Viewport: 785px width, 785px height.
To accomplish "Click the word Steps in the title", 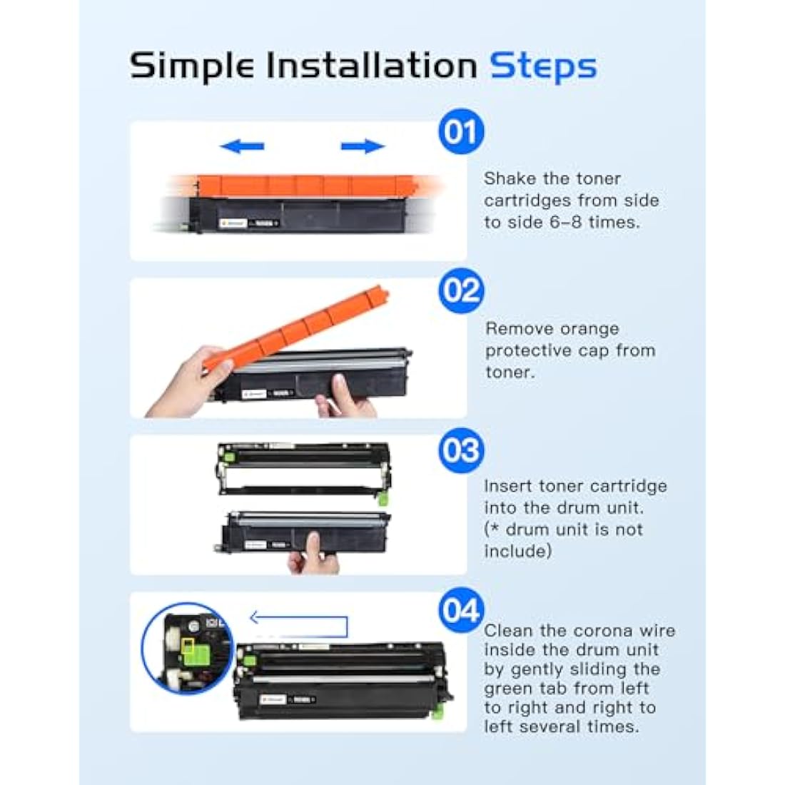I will tap(542, 67).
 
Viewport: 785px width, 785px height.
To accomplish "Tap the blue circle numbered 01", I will tap(461, 132).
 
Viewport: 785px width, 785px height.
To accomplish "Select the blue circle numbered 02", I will tap(461, 291).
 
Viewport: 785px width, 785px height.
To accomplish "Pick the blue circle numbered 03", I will tap(461, 450).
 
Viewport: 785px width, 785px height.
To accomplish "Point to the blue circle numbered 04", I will tap(461, 611).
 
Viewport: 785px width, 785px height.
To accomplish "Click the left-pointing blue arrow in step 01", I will tap(242, 146).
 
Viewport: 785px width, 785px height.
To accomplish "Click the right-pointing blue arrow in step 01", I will tap(363, 146).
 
